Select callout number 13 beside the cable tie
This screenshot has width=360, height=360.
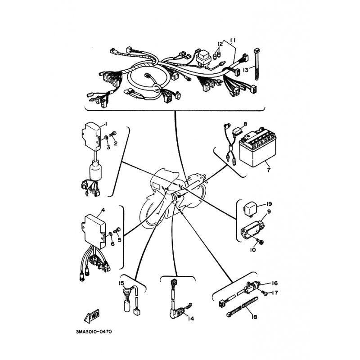coord(245,70)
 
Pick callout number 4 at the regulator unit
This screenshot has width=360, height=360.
coord(103,210)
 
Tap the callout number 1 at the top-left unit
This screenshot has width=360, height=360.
coord(106,124)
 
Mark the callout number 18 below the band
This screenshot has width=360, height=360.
coord(254,317)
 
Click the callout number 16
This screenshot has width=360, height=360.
coord(275,283)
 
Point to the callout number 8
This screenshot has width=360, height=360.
coord(245,124)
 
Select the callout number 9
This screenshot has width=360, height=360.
coord(269,211)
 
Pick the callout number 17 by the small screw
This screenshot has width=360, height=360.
coord(275,293)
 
